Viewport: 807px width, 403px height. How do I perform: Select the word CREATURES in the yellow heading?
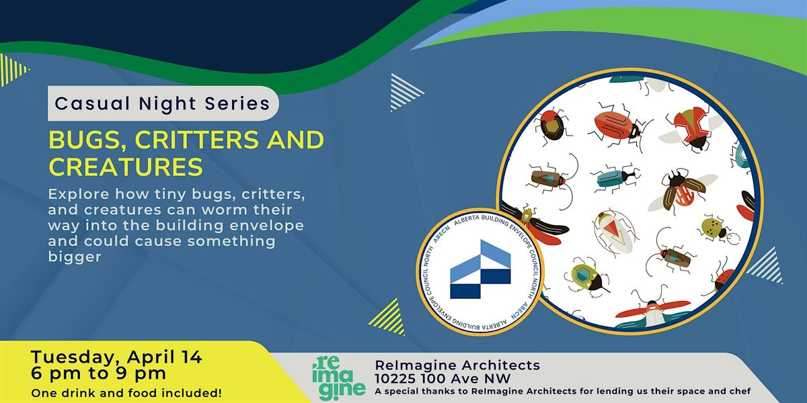tap(126, 167)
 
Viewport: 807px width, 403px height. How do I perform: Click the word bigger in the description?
tap(75, 257)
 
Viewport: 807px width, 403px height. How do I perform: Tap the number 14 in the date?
tap(192, 357)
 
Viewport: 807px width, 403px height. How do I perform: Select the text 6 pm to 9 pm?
tap(98, 373)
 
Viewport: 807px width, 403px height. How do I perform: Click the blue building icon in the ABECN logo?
tap(480, 269)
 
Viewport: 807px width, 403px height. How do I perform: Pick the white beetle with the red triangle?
tap(614, 231)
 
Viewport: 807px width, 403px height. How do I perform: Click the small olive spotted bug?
tap(716, 229)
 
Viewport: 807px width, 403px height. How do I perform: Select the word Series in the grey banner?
tap(237, 103)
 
